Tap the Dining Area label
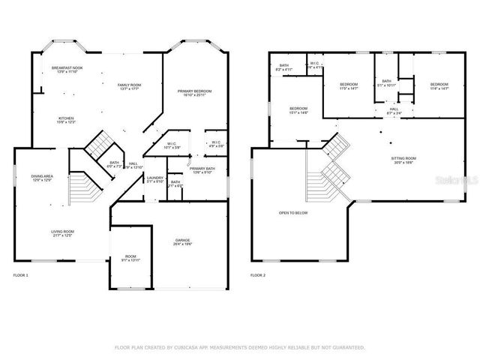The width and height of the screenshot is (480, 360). pyautogui.click(x=41, y=177)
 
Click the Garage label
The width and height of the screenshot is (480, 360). pyautogui.click(x=183, y=241)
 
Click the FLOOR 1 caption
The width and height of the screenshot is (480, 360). pyautogui.click(x=20, y=276)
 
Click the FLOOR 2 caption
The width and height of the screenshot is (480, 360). pyautogui.click(x=259, y=276)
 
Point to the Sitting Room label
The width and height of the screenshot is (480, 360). pyautogui.click(x=403, y=159)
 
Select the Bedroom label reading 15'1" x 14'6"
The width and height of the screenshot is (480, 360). pyautogui.click(x=298, y=109)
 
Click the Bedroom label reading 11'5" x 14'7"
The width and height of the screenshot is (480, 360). pyautogui.click(x=349, y=85)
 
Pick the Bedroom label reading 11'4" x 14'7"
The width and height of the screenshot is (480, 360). pyautogui.click(x=439, y=85)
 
